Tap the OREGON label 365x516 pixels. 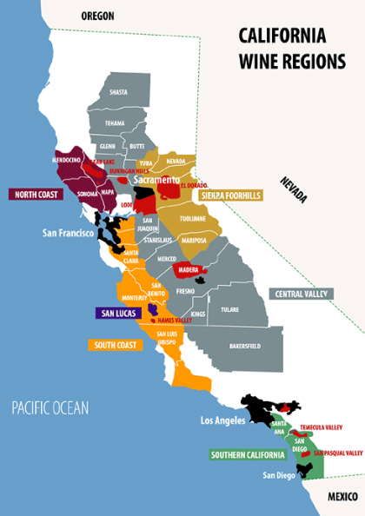click(x=97, y=16)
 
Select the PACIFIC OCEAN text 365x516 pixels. click(x=50, y=407)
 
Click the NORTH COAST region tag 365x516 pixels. click(x=35, y=195)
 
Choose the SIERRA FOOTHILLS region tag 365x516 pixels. click(x=231, y=195)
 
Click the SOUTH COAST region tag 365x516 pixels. click(x=114, y=345)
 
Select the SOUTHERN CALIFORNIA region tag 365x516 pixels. click(x=247, y=454)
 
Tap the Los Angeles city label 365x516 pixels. click(x=224, y=420)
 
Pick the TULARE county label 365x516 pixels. click(x=229, y=308)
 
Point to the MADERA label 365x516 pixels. click(x=188, y=270)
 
